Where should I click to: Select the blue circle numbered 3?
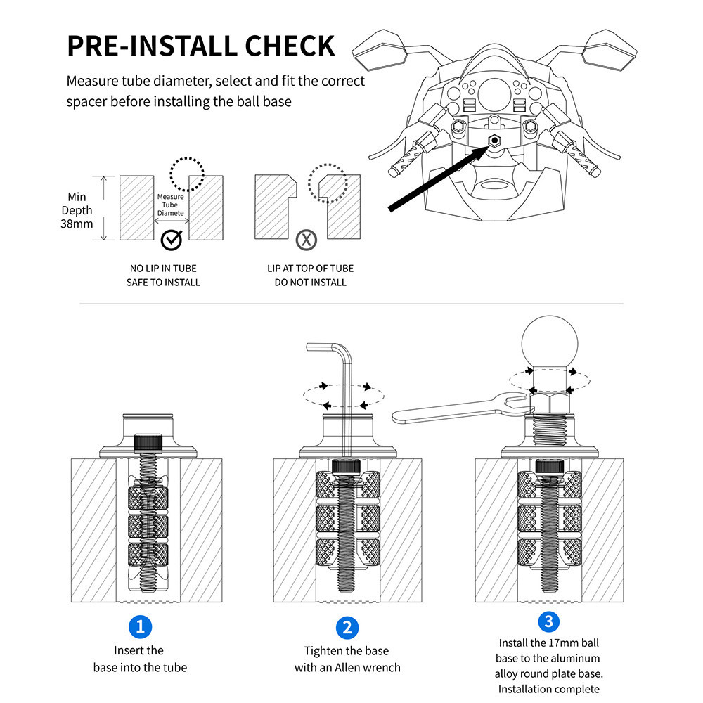click(x=549, y=621)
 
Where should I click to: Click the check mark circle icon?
click(x=171, y=240)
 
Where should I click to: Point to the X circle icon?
click(x=306, y=240)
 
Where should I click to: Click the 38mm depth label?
click(x=77, y=224)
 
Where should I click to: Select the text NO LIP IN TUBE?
click(x=163, y=268)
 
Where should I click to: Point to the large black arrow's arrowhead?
click(x=486, y=148)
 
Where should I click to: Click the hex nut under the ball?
click(x=549, y=404)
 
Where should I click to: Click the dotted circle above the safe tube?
click(x=186, y=172)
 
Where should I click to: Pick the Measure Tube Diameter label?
click(x=170, y=205)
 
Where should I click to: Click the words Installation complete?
click(x=549, y=689)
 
